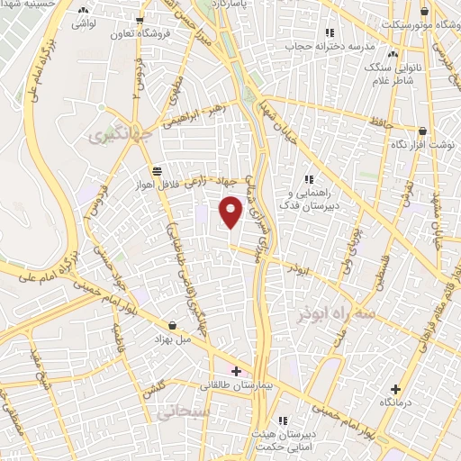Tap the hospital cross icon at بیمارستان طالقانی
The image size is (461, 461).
237,371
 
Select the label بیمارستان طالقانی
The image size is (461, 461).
237,385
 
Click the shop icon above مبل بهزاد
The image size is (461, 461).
172,325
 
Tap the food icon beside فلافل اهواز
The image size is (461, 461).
158,170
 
